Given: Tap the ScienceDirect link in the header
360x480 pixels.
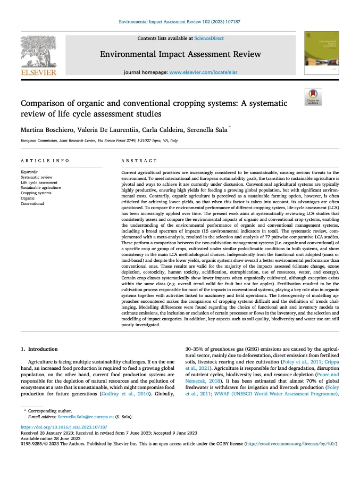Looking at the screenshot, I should [209, 38].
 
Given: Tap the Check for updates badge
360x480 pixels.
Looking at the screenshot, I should [313, 97].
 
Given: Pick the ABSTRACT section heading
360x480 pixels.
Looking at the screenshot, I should [139, 161].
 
